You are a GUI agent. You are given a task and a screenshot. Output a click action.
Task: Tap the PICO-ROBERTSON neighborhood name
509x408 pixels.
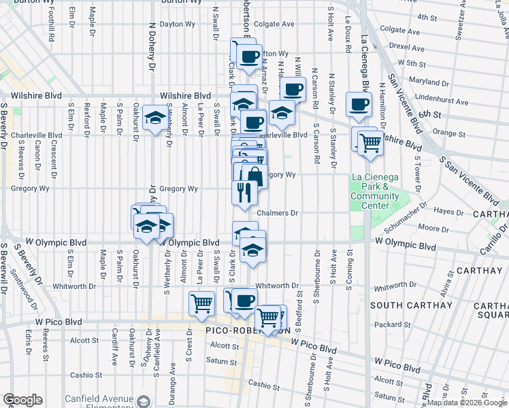pos(248,330)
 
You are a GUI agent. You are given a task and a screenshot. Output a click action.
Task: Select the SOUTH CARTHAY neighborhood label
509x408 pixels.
pos(410,305)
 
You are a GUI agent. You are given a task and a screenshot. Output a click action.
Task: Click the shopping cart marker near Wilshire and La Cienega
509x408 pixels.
pos(370,143)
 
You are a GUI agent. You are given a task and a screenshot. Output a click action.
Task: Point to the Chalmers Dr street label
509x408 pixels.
pos(278,213)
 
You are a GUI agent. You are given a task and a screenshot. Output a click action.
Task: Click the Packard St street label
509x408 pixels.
pos(389,325)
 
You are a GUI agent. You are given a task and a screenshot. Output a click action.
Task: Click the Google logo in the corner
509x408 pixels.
pos(22,400)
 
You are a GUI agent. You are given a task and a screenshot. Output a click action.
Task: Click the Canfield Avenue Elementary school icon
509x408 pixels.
pos(143,401)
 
